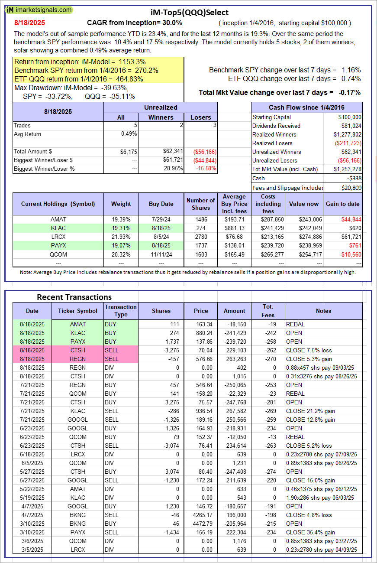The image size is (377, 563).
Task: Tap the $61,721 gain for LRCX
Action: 348,237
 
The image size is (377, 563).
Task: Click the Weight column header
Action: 121,204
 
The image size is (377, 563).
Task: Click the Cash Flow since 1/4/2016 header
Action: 306,107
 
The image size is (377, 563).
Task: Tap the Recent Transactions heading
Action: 74,297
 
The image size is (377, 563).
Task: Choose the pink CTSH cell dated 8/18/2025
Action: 78,350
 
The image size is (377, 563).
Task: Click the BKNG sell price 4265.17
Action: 201,515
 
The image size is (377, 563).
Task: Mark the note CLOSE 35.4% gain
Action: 310,532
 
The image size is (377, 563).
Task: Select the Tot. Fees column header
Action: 268,311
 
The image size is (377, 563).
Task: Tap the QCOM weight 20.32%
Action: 121,254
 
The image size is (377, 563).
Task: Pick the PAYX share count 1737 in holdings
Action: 201,245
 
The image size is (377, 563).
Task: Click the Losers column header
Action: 201,117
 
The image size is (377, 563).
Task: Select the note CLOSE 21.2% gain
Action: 310,411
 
